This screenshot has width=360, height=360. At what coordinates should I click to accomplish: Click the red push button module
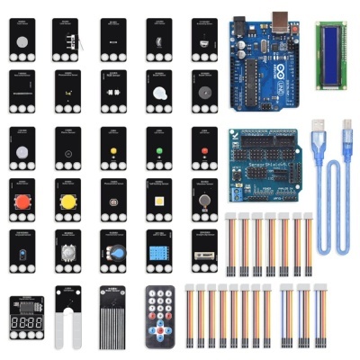point(22,201)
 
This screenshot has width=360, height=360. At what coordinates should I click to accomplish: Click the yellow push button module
point(67,201)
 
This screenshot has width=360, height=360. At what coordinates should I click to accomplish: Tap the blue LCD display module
point(335,43)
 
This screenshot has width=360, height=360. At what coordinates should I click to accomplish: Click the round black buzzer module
point(205,93)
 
